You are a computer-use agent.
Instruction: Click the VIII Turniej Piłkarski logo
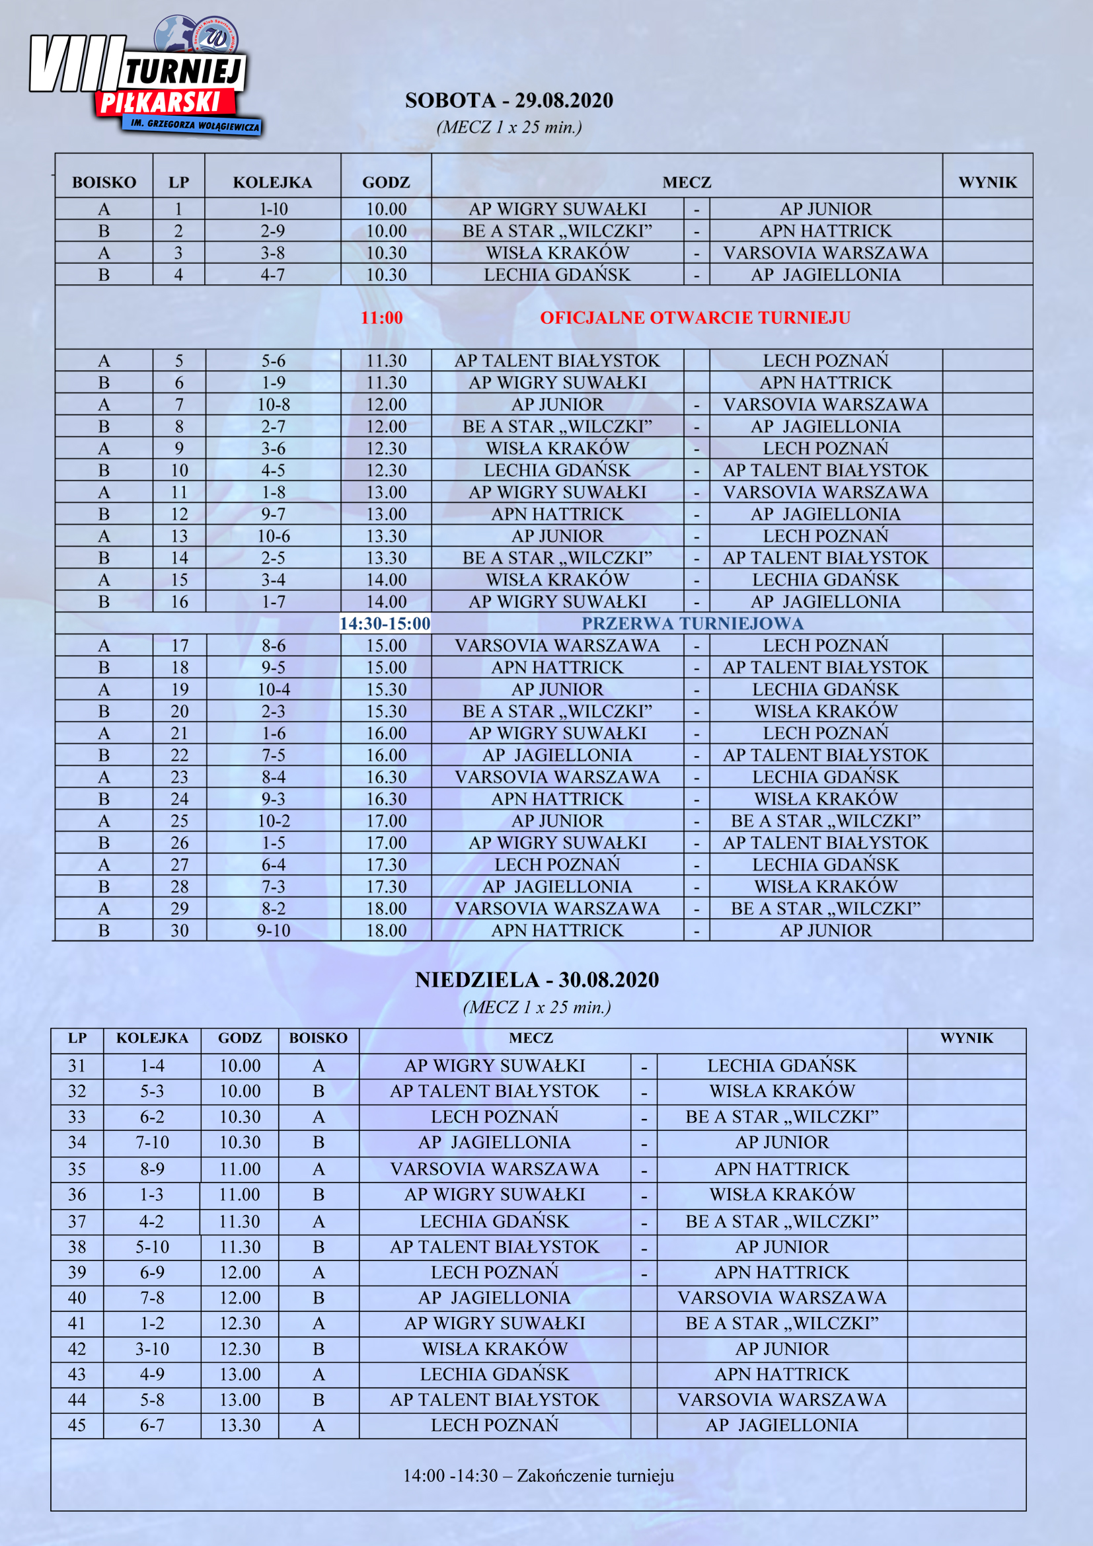pos(145,81)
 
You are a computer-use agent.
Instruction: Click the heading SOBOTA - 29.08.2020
pos(509,100)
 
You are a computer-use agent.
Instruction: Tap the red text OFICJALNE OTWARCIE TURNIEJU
pos(695,318)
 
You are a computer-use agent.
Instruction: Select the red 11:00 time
pos(381,318)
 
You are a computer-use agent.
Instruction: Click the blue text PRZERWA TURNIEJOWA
pos(693,623)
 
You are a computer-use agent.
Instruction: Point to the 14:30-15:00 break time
pos(385,623)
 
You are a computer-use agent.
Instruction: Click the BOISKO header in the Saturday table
pos(104,182)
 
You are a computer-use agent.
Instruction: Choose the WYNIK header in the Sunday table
pos(967,1038)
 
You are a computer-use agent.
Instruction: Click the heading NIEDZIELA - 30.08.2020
pos(537,980)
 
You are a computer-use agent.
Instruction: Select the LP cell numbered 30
pos(179,931)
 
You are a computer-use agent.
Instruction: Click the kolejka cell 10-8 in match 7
pos(274,405)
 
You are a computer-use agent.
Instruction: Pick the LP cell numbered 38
pos(77,1247)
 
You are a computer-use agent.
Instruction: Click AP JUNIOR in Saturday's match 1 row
pos(825,210)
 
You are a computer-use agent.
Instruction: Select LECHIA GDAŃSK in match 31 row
pos(781,1066)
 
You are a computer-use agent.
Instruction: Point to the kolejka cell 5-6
pos(274,361)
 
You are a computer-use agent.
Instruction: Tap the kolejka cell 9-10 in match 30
pos(274,931)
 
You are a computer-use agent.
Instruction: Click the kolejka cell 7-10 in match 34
pos(152,1143)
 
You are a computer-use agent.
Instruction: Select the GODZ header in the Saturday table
pos(386,182)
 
